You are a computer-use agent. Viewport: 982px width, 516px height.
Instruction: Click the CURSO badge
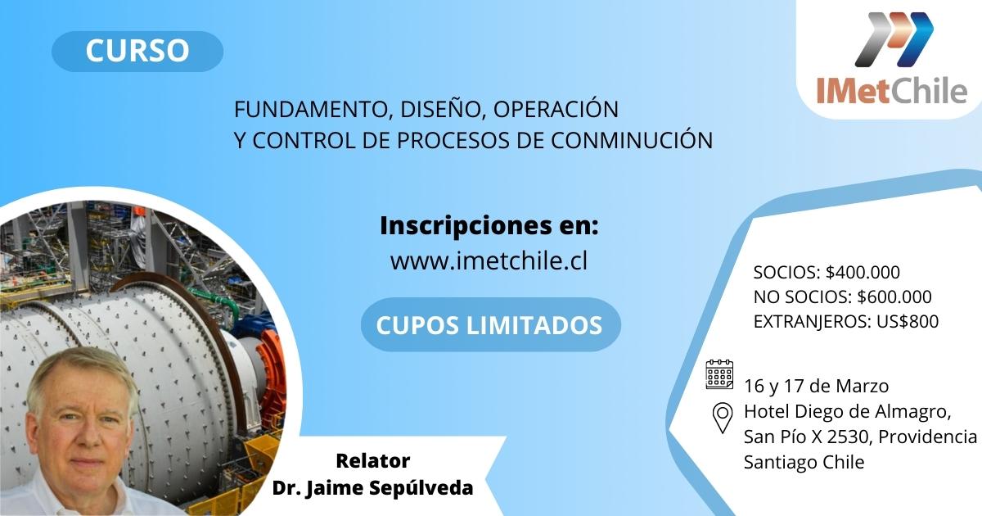point(137,51)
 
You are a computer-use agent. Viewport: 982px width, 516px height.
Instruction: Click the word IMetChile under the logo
point(891,92)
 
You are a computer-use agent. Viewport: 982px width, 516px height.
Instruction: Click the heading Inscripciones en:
point(489,225)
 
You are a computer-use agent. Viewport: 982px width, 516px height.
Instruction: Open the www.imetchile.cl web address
point(489,260)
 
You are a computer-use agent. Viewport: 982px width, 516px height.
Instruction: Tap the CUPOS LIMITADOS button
point(489,325)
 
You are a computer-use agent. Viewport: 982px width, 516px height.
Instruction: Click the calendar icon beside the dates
point(719,374)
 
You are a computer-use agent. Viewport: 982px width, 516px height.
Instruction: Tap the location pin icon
point(722,418)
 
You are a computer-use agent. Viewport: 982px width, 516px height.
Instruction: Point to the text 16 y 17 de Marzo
point(816,386)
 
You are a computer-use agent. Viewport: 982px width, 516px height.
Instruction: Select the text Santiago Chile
point(804,462)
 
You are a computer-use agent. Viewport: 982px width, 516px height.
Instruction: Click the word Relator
point(372,460)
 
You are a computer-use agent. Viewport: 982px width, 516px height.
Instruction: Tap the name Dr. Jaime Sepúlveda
point(372,488)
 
